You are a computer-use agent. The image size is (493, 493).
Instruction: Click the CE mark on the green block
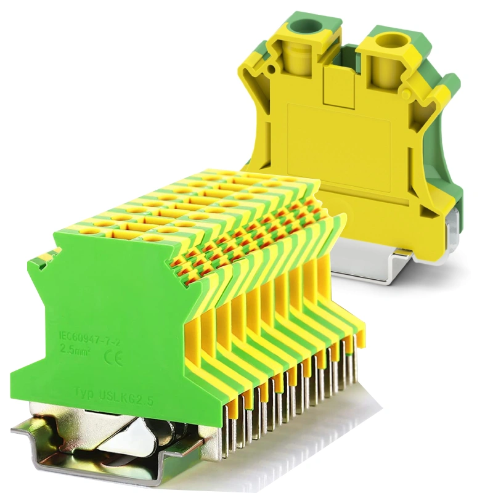pyautogui.click(x=115, y=356)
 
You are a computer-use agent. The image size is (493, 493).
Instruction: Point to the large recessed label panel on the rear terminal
pyautogui.click(x=338, y=148)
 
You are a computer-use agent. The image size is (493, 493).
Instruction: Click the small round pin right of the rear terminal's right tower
pyautogui.click(x=406, y=94)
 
